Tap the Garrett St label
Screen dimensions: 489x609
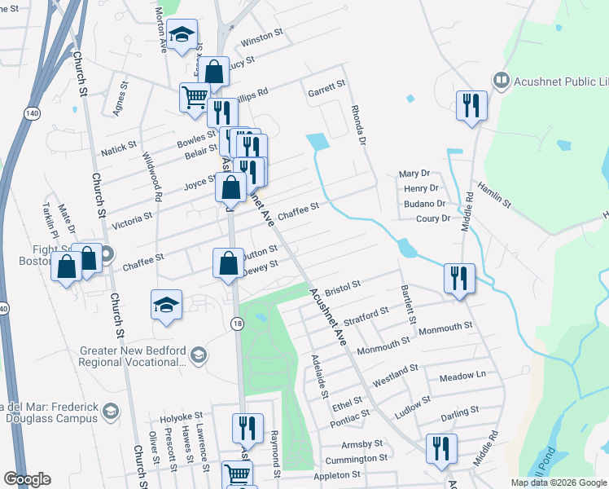pyautogui.click(x=326, y=84)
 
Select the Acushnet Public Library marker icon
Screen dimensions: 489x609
pyautogui.click(x=501, y=80)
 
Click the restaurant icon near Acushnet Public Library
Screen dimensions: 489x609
pyautogui.click(x=471, y=105)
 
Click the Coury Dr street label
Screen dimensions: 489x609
pyautogui.click(x=433, y=218)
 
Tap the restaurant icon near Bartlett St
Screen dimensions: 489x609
pyautogui.click(x=459, y=279)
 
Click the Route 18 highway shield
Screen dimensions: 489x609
pyautogui.click(x=235, y=324)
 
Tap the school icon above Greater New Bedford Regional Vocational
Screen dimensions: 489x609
pyautogui.click(x=166, y=304)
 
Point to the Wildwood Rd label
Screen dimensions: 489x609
pyautogui.click(x=152, y=178)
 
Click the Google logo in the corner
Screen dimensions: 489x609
pyautogui.click(x=27, y=479)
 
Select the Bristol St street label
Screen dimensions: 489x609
pyautogui.click(x=342, y=287)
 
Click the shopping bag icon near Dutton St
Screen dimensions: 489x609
pyautogui.click(x=229, y=263)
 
